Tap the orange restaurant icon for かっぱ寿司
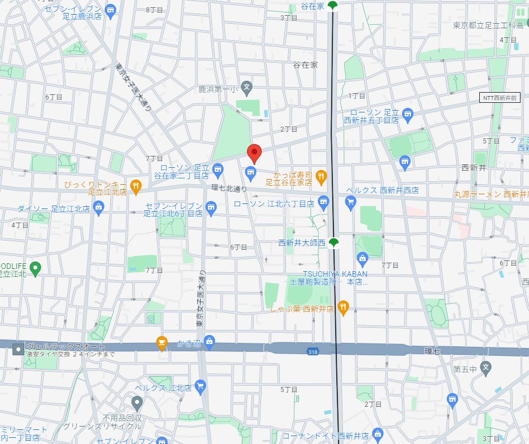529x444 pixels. (x=321, y=176)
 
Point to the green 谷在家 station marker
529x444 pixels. (x=332, y=6)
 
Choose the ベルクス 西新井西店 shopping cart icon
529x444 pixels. (x=350, y=201)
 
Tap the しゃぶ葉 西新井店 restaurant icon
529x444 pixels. (x=343, y=308)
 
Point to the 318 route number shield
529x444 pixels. (x=313, y=352)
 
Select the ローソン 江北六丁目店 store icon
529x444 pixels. (x=323, y=201)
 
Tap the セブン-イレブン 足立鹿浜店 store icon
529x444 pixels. (x=110, y=11)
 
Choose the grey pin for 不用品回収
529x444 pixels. (x=137, y=403)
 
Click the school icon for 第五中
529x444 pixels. (x=485, y=366)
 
